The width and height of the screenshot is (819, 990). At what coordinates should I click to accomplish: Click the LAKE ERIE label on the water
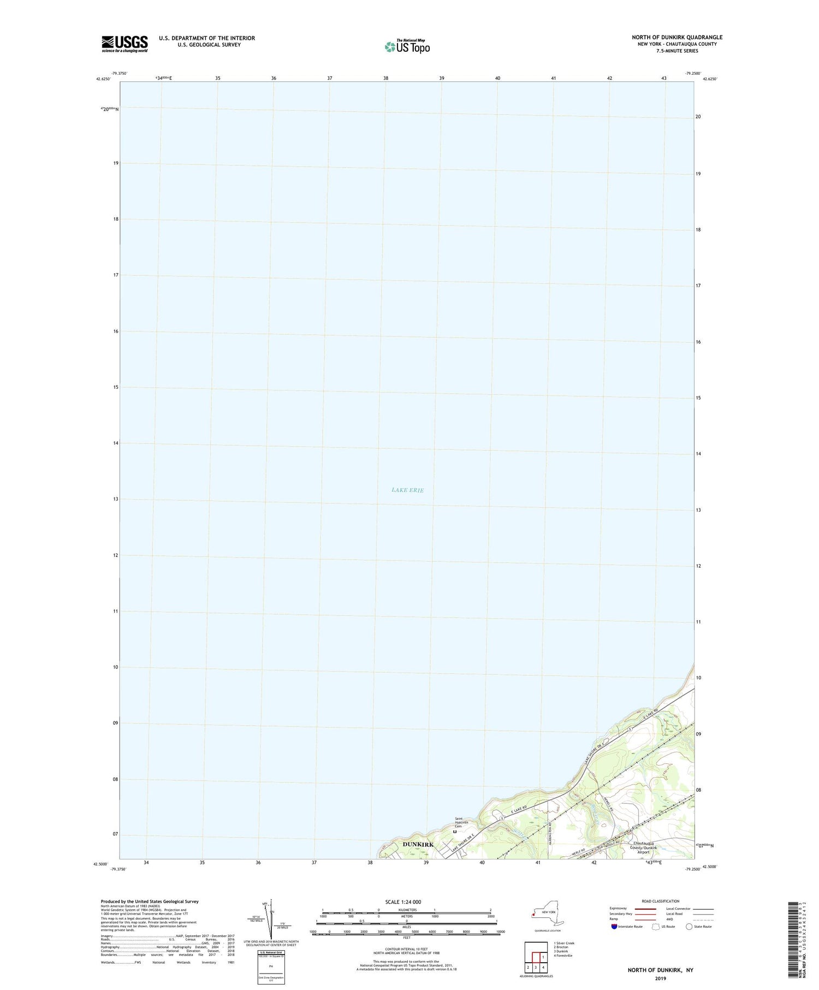point(407,490)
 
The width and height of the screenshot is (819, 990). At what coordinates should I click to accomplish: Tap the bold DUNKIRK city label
point(418,859)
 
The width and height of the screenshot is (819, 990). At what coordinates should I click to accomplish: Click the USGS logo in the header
point(124,44)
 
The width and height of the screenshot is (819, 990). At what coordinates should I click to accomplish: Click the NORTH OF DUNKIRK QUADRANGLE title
point(677,37)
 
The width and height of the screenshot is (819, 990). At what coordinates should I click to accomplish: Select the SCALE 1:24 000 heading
point(406,902)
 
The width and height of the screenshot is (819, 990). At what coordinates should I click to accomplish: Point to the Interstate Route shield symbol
point(614,927)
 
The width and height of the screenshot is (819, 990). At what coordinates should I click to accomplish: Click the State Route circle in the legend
point(689,927)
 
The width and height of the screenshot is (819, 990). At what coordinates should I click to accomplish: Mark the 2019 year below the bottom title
point(661,978)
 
